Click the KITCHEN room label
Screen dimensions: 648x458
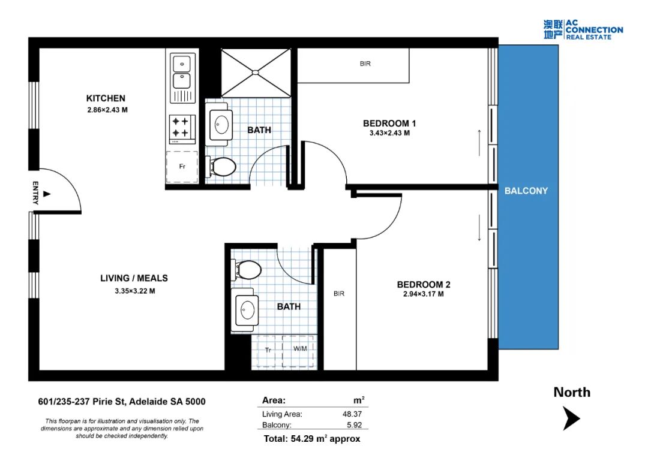pos(106,98)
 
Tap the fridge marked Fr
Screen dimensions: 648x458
pos(182,167)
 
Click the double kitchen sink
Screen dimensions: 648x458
pos(182,77)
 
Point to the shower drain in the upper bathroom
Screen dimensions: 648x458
pos(256,73)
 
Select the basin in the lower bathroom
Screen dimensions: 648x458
pos(245,310)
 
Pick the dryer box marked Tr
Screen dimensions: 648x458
pos(268,351)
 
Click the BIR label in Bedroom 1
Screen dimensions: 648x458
pos(365,64)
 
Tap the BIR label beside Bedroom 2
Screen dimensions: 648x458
pos(339,294)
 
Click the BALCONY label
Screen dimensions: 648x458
pos(526,191)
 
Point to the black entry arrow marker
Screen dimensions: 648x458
pos(47,194)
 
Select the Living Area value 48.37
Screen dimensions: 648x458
pos(352,414)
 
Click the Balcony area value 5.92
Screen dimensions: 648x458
pos(355,425)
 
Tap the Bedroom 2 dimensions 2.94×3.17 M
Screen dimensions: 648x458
pos(424,294)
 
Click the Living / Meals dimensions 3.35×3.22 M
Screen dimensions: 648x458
pos(135,291)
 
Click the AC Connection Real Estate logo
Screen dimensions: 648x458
pos(583,30)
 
